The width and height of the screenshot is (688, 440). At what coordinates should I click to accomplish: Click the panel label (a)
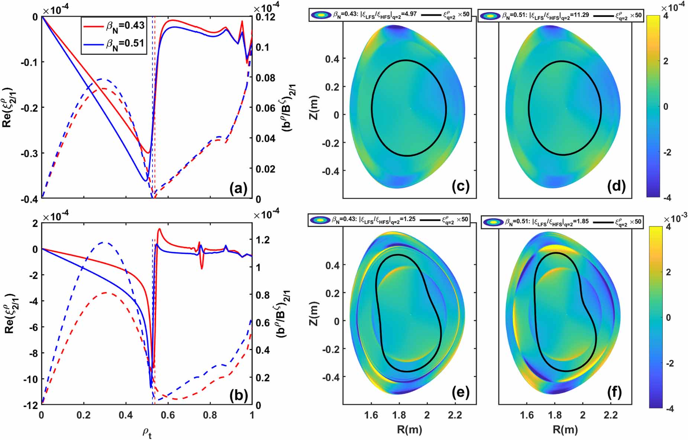tap(238, 189)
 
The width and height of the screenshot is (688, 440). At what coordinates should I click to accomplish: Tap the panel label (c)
tap(461, 185)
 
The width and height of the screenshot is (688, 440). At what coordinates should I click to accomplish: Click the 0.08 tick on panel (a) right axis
tap(265, 78)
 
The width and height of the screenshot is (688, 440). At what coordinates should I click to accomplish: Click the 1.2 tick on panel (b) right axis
tap(263, 240)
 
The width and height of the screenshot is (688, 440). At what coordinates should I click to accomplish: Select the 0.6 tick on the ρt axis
tap(168, 415)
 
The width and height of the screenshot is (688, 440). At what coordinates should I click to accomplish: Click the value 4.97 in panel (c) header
tap(408, 14)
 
